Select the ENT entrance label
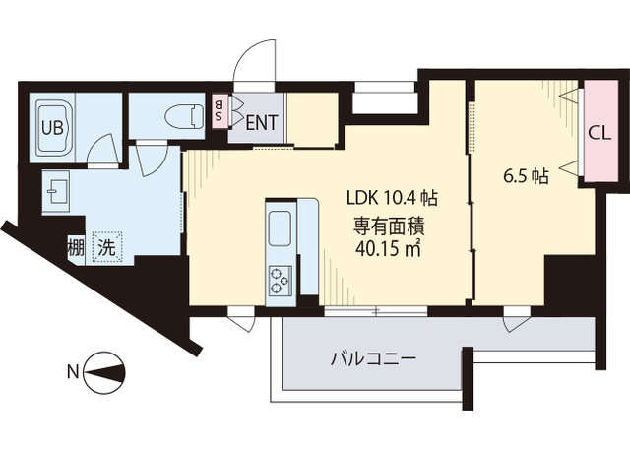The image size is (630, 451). pos(261,123)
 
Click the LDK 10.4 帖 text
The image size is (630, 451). pos(391,197)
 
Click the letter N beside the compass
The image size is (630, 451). pos(71,372)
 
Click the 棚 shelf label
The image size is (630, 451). pos(75,246)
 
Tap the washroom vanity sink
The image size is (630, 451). pos(55,189)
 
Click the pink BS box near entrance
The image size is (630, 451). pos(219,111)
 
